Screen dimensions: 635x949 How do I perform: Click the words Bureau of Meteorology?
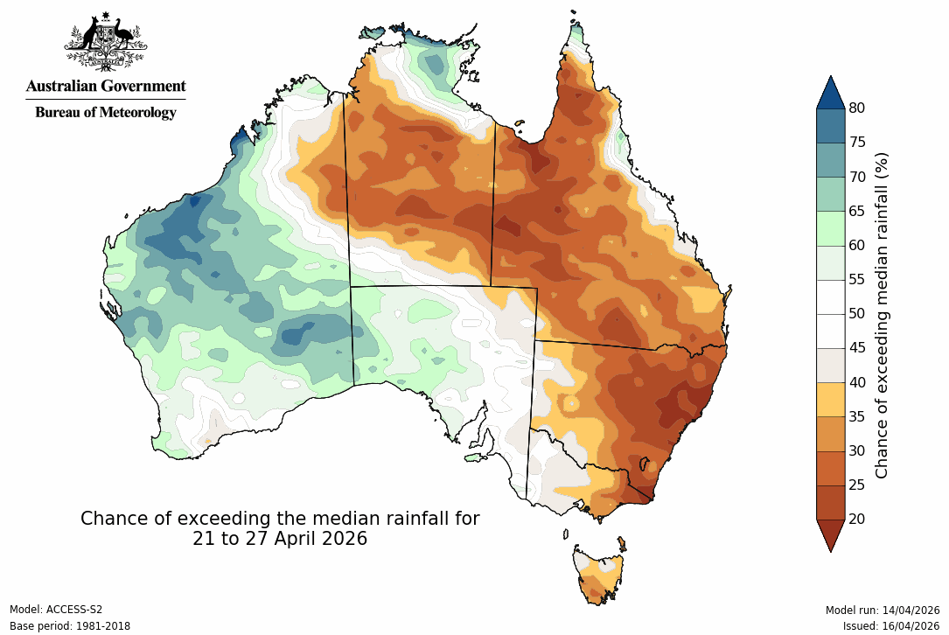click(x=106, y=112)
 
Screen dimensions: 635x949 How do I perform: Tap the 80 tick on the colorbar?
click(x=856, y=108)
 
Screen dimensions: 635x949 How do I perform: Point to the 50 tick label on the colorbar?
click(x=856, y=314)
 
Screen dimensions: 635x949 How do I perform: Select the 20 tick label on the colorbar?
click(x=856, y=520)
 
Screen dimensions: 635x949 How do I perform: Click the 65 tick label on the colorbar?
click(x=856, y=211)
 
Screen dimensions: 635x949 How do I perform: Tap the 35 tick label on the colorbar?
click(x=856, y=416)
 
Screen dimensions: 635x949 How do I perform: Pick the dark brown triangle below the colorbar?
click(x=830, y=534)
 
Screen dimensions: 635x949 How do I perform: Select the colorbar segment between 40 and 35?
click(x=830, y=399)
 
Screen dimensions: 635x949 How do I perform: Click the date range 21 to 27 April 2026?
click(x=280, y=539)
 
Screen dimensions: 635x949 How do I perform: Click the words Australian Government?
click(x=106, y=87)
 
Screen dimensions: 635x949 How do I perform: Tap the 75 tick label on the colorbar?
click(x=856, y=143)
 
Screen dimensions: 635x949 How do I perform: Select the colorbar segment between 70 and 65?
click(x=830, y=193)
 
